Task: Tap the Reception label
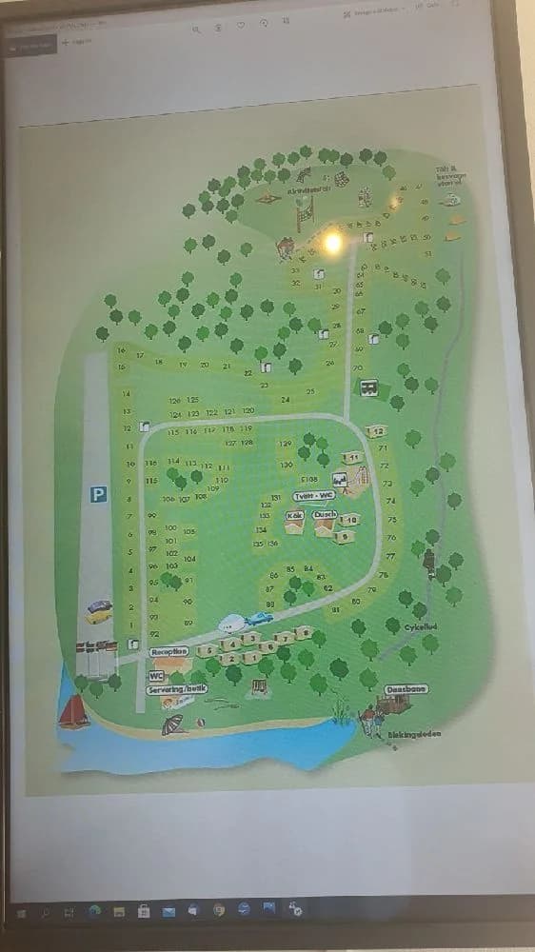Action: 169,652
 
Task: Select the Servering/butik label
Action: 178,688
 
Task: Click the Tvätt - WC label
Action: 313,495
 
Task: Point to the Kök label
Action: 294,515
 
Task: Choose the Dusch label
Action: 326,514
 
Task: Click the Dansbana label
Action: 406,688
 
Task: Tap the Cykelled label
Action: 420,627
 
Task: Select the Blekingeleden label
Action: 415,734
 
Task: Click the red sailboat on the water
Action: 73,710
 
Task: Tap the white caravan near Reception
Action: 231,624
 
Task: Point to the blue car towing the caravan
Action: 258,618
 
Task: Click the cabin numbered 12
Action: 377,431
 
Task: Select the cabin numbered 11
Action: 353,458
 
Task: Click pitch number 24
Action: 285,400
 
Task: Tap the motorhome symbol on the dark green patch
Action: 367,387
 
